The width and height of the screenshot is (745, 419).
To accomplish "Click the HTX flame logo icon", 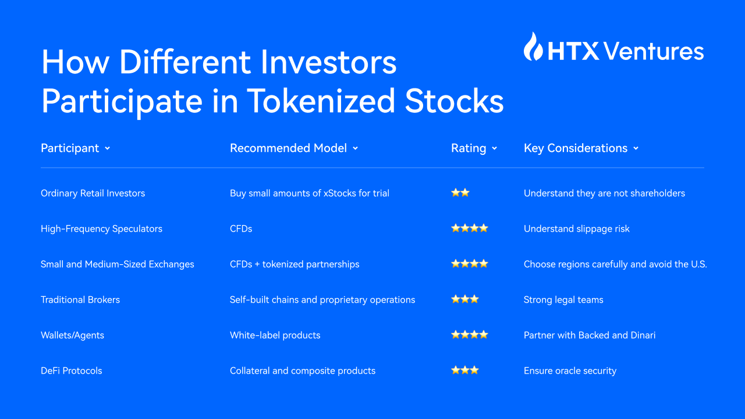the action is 533,47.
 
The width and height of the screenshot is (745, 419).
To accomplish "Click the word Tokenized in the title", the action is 321,101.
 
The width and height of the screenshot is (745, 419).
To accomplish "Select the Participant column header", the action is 70,148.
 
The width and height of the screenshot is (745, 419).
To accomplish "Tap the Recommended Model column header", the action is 288,148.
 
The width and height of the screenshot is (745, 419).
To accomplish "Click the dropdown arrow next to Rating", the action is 495,148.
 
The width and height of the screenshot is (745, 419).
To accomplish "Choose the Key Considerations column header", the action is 576,148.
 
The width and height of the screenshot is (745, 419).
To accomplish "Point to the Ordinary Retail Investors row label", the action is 93,193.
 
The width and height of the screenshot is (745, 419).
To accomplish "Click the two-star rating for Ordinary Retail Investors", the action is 460,193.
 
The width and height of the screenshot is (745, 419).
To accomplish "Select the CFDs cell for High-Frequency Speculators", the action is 241,229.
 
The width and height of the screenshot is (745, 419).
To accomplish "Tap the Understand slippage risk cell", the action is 577,229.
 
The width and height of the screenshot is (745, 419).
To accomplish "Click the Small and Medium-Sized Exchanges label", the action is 118,264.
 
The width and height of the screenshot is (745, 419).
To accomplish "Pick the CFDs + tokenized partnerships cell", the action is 295,264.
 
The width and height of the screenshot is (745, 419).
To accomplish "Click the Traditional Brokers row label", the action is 80,300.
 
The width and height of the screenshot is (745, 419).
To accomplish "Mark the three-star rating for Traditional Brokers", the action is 465,299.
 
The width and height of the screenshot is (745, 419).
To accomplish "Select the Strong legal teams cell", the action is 563,300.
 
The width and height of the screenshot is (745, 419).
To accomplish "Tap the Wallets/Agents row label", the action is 73,335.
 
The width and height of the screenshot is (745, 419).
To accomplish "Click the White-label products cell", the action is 275,335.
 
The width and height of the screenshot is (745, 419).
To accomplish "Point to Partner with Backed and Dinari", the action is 590,335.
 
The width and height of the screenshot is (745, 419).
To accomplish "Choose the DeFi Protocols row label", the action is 72,371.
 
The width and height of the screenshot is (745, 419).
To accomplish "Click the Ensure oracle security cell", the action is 570,371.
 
